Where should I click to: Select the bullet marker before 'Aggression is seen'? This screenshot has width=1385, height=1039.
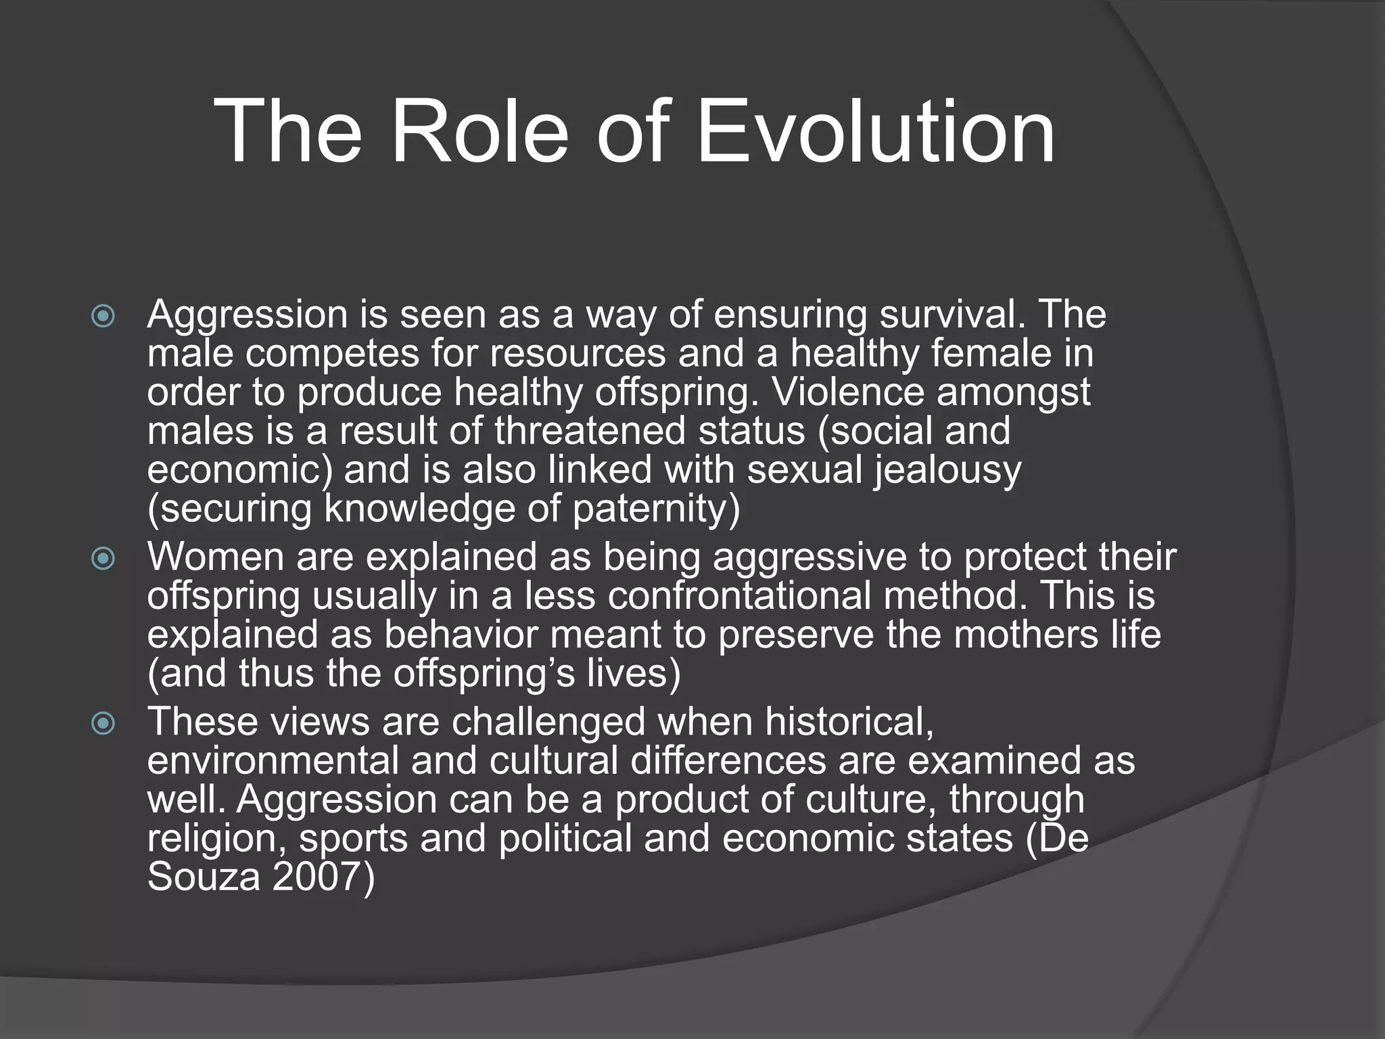pyautogui.click(x=103, y=316)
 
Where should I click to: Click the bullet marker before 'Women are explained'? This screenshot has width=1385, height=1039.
pyautogui.click(x=103, y=558)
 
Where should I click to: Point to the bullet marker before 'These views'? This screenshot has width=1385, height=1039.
pyautogui.click(x=103, y=723)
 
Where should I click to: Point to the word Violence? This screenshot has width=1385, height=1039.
pyautogui.click(x=847, y=392)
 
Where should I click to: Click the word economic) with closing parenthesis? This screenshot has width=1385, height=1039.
pyautogui.click(x=240, y=470)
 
